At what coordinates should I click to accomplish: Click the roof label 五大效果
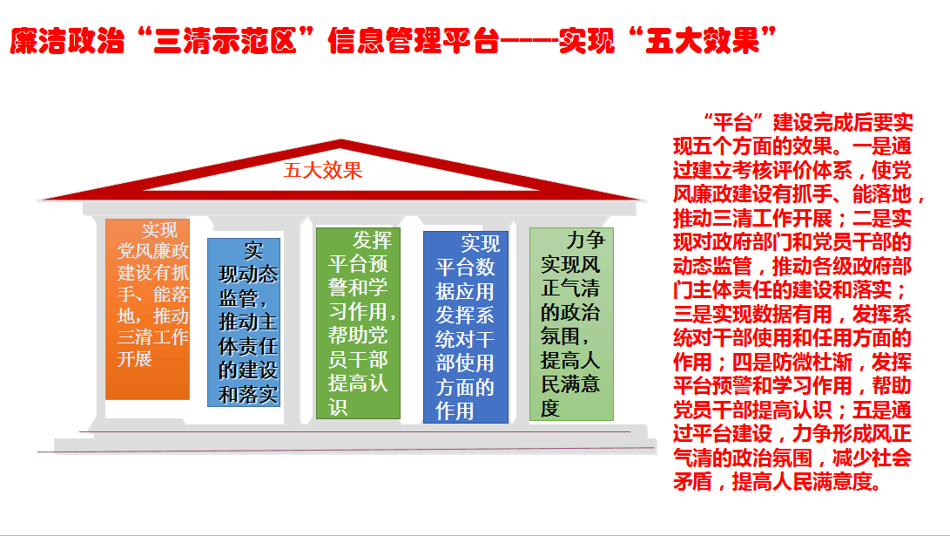[322, 170]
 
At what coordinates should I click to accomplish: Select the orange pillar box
[147, 309]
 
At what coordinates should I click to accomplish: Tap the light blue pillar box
[244, 322]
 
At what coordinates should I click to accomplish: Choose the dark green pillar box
[358, 323]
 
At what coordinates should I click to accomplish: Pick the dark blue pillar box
[465, 327]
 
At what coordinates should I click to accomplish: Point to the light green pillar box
[571, 324]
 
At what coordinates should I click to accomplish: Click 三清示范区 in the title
[225, 41]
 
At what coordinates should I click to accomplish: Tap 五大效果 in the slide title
[702, 41]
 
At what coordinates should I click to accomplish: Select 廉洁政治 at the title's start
[67, 41]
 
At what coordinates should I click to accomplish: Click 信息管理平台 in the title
[414, 41]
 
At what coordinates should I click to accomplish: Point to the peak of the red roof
[340, 140]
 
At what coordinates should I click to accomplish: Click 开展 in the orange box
[134, 359]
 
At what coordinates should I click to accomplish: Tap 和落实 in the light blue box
[248, 395]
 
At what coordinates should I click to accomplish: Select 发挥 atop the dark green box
[372, 240]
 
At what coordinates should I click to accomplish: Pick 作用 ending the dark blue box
[455, 411]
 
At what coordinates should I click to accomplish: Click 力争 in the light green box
[585, 240]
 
